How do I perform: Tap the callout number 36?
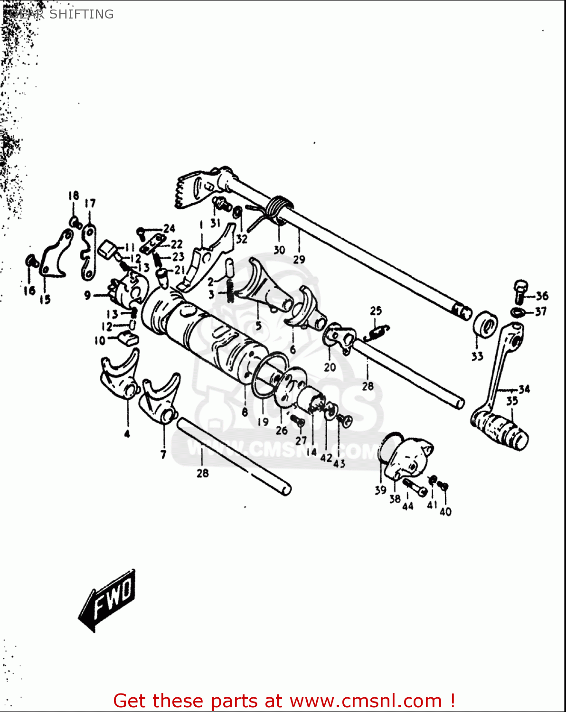[x=542, y=296]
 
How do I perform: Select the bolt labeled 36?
[x=520, y=290]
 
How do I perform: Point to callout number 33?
[x=477, y=356]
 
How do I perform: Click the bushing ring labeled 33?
[x=485, y=326]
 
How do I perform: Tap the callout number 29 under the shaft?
[x=299, y=259]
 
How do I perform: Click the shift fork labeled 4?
[x=119, y=375]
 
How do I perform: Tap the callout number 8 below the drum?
[x=245, y=412]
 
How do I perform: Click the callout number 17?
[x=90, y=203]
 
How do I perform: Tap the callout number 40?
[x=445, y=512]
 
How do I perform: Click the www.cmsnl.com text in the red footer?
[x=366, y=701]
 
